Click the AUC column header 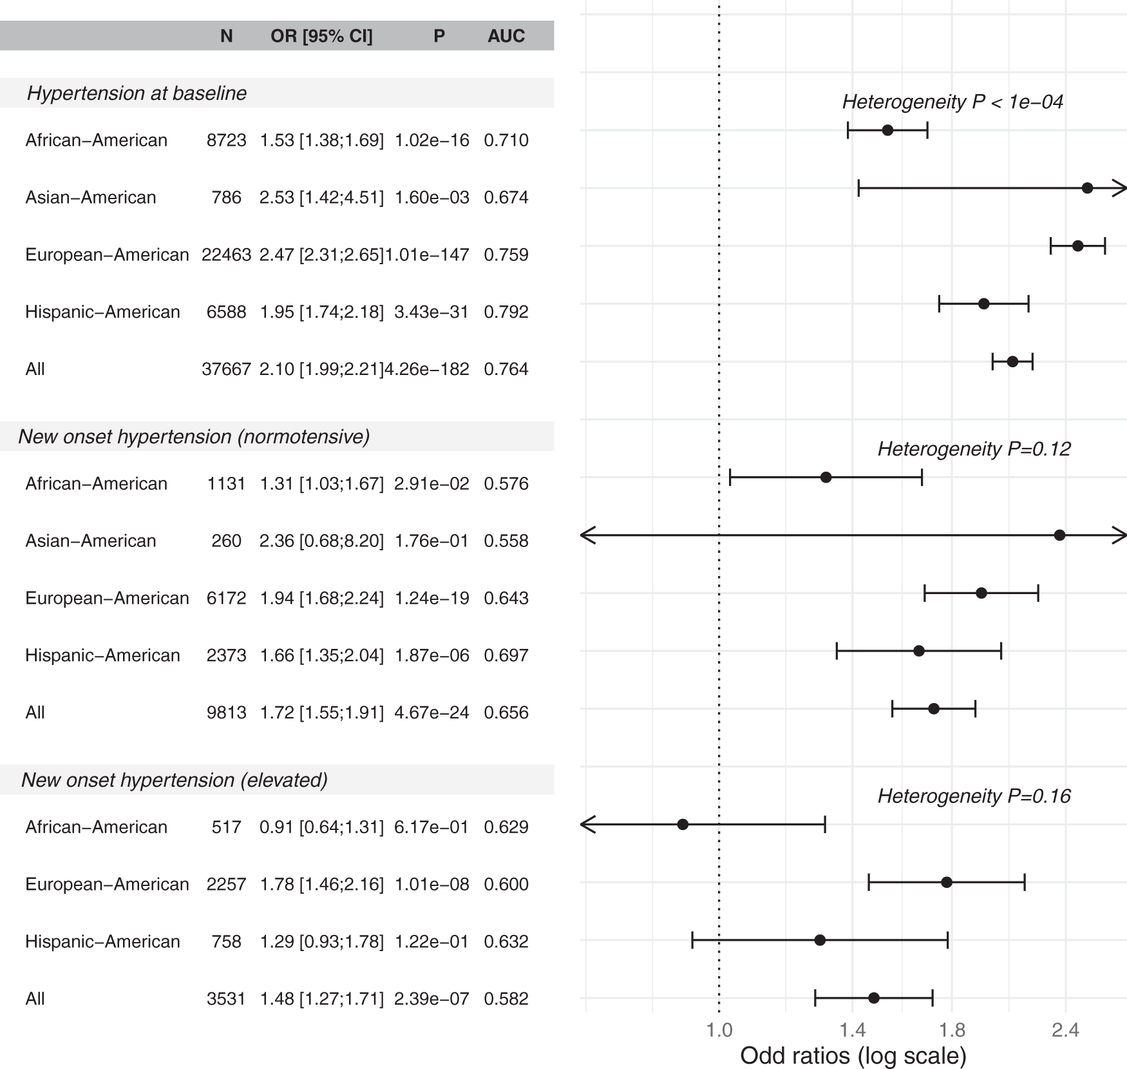click(x=506, y=36)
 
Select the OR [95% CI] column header click(x=321, y=36)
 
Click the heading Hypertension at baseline click(x=137, y=93)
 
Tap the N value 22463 click(x=226, y=255)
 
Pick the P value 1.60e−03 click(x=431, y=197)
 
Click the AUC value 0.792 click(x=506, y=312)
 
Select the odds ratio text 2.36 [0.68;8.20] click(x=321, y=541)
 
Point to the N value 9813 click(x=226, y=713)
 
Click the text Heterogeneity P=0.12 click(x=974, y=449)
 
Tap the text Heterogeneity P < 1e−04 click(x=952, y=102)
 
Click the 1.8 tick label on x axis click(x=952, y=1030)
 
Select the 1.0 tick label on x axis click(x=719, y=1030)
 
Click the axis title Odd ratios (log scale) click(x=853, y=1055)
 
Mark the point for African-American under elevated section click(x=683, y=824)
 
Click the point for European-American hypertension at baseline click(x=1077, y=246)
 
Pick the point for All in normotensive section click(x=933, y=709)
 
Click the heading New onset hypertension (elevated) click(x=175, y=780)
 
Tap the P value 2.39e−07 click(x=431, y=999)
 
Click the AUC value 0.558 click(x=506, y=541)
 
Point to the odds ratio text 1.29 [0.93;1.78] click(x=321, y=941)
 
